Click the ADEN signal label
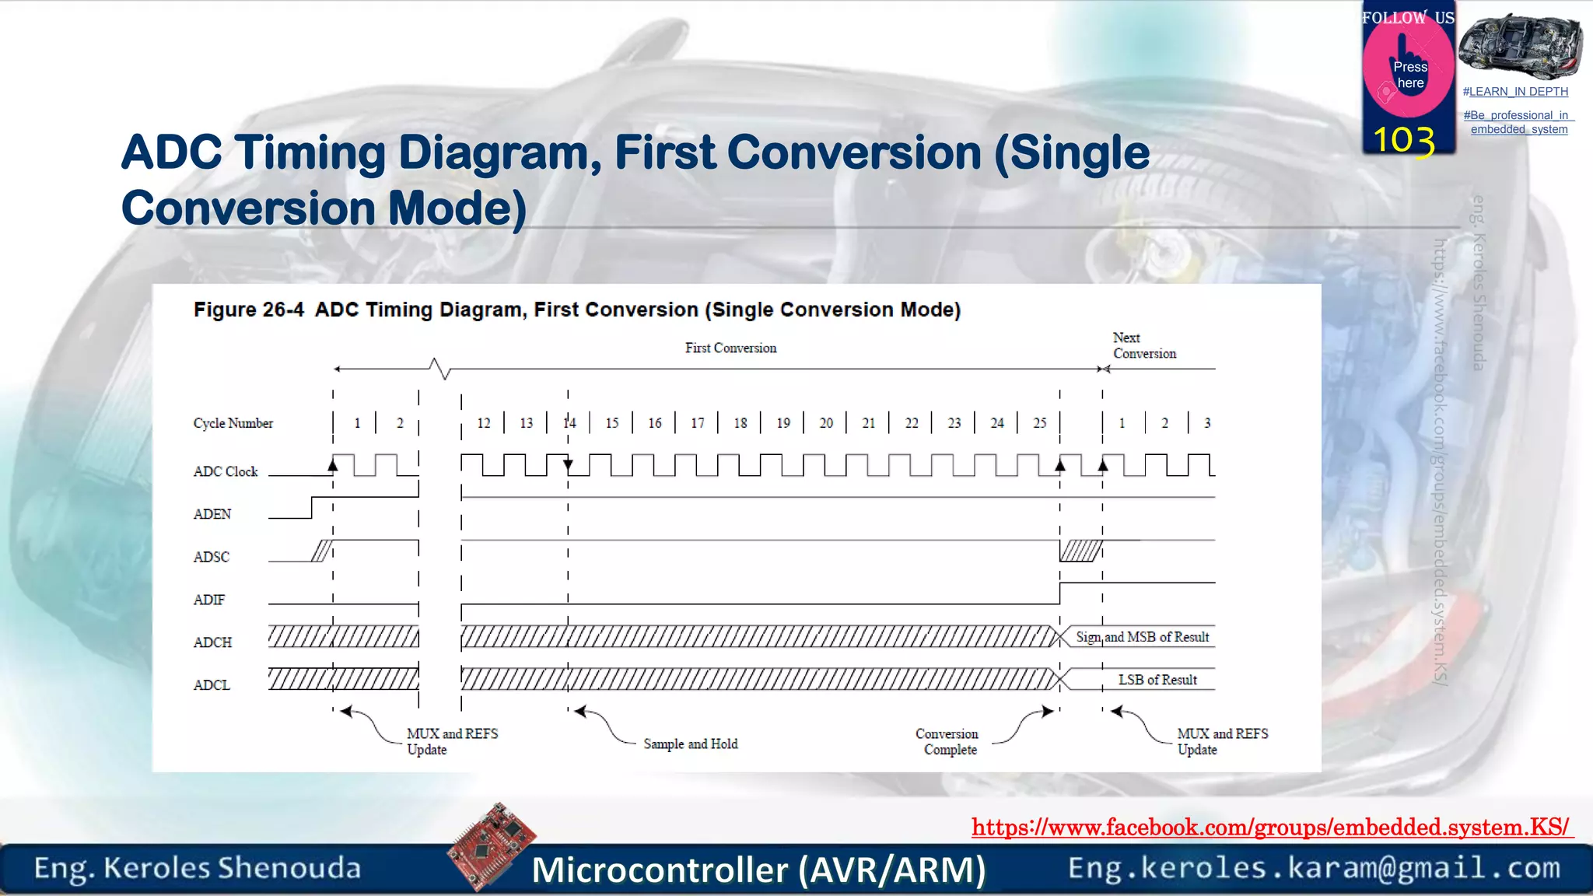click(212, 514)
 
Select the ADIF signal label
click(208, 600)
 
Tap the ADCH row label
click(212, 642)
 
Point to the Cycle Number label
click(233, 423)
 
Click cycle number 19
click(782, 423)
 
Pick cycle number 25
click(1039, 423)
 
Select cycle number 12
click(483, 423)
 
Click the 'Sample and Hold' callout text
click(690, 744)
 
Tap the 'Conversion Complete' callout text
click(947, 742)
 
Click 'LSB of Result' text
click(1157, 680)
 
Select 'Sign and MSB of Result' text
click(1142, 637)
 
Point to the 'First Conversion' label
click(730, 348)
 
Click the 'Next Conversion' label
click(1143, 345)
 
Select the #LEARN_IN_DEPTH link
click(1514, 92)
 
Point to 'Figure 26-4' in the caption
click(248, 310)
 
